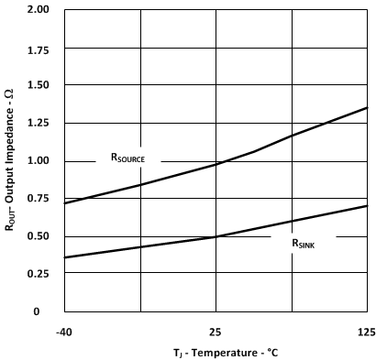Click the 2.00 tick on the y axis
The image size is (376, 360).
39,10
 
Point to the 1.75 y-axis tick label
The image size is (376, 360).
39,48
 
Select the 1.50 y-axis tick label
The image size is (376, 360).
39,85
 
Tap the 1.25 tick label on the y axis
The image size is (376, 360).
39,123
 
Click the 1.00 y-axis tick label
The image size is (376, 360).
39,160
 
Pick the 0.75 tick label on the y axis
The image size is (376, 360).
39,199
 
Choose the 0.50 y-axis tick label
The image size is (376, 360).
39,236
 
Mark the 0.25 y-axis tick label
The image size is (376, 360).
39,274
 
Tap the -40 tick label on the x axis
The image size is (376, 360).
64,330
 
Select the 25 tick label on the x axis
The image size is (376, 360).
216,330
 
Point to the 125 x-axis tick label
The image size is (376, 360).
366,330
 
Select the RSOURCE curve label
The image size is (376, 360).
134,158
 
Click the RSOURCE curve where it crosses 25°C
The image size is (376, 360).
216,164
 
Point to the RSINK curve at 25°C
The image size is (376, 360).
216,236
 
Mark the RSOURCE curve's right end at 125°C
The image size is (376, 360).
367,107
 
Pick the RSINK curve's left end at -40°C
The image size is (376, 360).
65,257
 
